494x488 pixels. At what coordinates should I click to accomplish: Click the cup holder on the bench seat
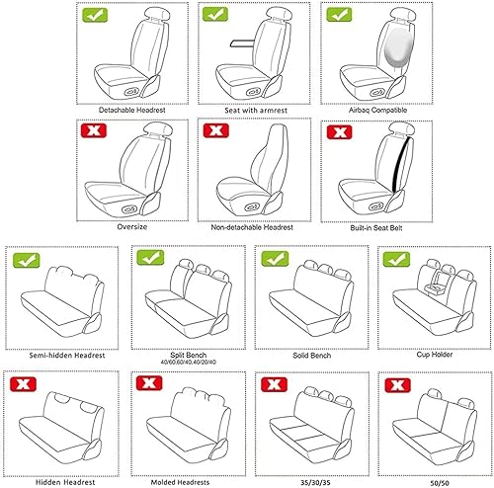[x=431, y=290]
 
